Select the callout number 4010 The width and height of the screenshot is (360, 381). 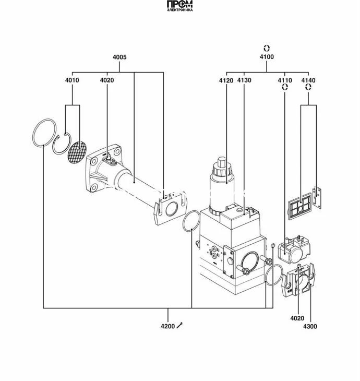point(73,80)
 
